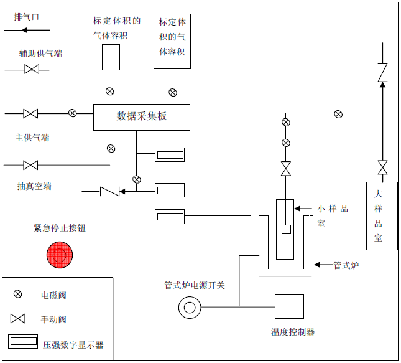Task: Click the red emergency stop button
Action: [x=60, y=255]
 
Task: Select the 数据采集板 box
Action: [x=142, y=116]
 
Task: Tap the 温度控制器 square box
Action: [x=289, y=306]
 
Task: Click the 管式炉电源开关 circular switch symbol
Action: [x=189, y=307]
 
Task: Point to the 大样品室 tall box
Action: [x=381, y=215]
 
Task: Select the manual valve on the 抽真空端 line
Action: [x=30, y=165]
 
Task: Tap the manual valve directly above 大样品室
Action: [x=382, y=167]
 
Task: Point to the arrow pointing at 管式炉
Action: [x=323, y=265]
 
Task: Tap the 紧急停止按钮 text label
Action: [x=60, y=228]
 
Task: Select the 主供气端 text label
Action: [x=32, y=138]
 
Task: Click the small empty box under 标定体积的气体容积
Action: [x=111, y=57]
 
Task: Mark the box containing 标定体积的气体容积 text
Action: [x=172, y=40]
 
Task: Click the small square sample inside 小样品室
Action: [x=286, y=229]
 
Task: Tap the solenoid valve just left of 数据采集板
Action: [x=73, y=113]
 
